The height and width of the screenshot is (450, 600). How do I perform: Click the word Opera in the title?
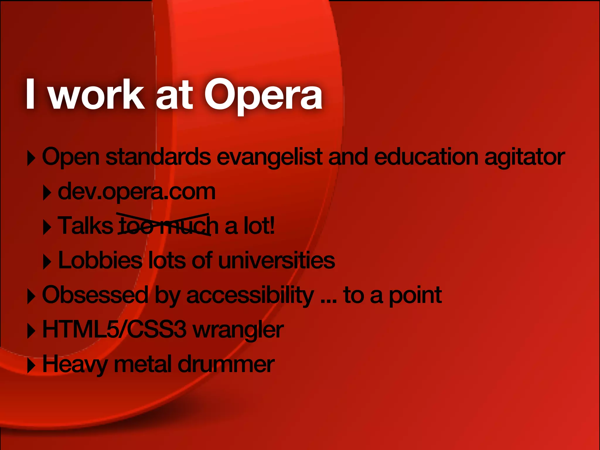(x=263, y=95)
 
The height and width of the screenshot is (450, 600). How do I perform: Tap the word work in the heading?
(x=97, y=95)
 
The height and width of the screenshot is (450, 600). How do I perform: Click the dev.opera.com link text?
(x=137, y=192)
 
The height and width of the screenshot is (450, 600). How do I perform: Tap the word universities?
(x=277, y=260)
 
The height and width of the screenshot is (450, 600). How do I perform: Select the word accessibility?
(x=250, y=295)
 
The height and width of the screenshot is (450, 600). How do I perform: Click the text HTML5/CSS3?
(x=114, y=329)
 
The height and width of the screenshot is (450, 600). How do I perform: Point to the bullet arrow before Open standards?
(x=31, y=158)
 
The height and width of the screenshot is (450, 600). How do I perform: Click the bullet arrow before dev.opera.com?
(x=47, y=193)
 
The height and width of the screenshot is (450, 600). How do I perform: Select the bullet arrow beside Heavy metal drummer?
(x=31, y=366)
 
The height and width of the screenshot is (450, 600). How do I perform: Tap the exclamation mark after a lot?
(x=272, y=226)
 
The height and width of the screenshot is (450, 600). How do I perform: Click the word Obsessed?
(x=95, y=295)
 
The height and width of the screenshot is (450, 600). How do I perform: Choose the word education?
(x=426, y=157)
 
